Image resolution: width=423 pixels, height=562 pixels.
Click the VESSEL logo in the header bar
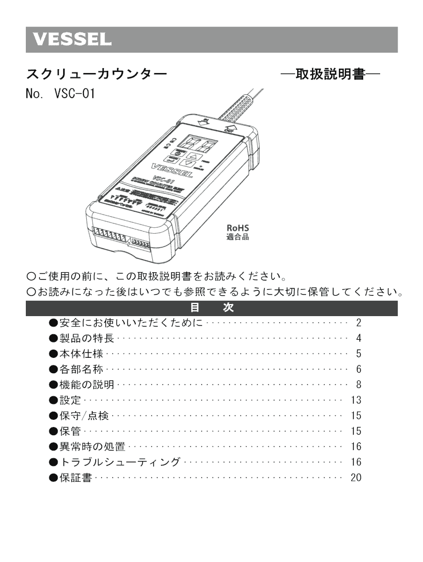[x=71, y=40]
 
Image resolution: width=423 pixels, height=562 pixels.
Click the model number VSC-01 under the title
[x=74, y=93]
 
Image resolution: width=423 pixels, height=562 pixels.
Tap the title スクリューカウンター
[x=96, y=74]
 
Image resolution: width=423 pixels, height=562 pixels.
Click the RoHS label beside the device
[x=238, y=228]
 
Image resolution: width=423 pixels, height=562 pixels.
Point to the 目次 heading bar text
[x=211, y=308]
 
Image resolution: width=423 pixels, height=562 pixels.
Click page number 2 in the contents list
[x=358, y=323]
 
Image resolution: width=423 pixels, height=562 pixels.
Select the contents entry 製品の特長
[x=86, y=338]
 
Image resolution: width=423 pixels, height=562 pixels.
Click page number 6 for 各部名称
[x=358, y=369]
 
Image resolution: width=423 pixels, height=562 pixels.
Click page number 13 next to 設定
[x=356, y=400]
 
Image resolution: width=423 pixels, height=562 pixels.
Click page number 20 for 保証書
[x=356, y=477]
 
